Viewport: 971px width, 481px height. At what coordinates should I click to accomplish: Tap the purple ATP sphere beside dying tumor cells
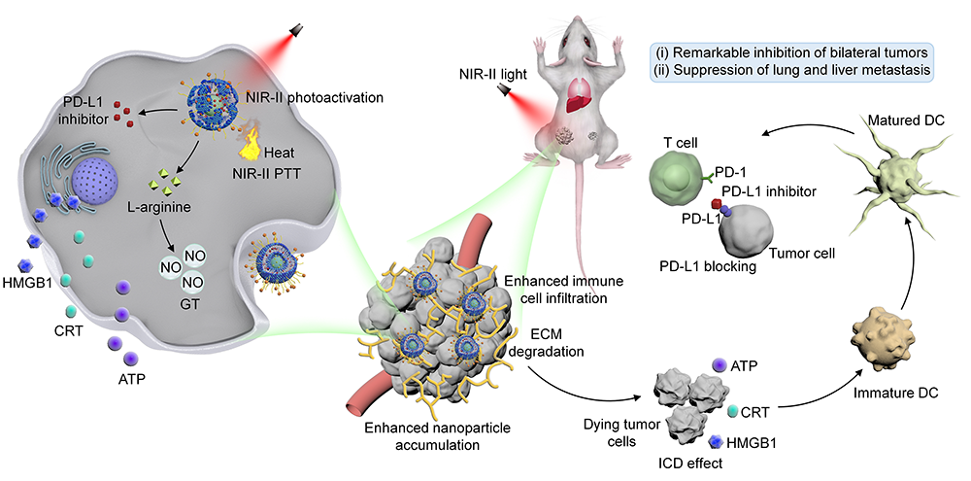[x=719, y=363]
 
